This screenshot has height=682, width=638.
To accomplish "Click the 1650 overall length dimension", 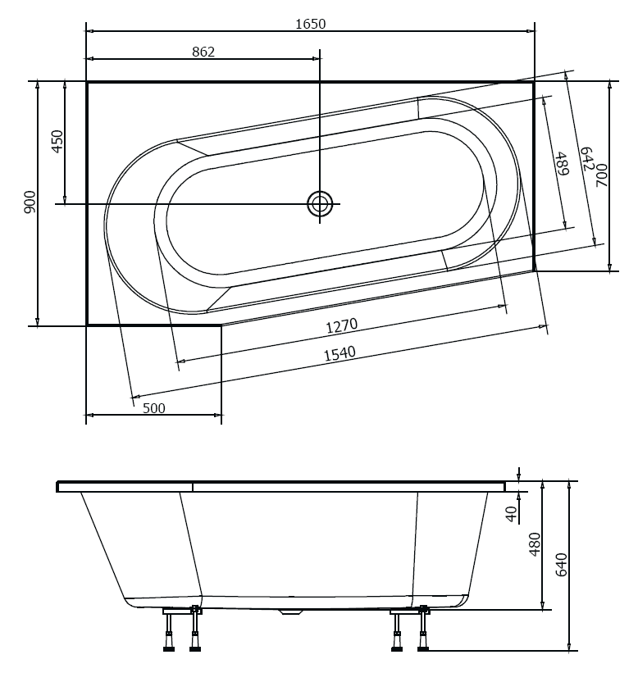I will (310, 24).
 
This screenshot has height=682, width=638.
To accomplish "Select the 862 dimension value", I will (203, 52).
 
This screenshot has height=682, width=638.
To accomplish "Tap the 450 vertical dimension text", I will (57, 142).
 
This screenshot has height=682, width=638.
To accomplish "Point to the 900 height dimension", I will (30, 202).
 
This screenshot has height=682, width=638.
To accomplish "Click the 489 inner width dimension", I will (562, 166).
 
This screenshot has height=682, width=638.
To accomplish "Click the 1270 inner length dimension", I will (341, 325).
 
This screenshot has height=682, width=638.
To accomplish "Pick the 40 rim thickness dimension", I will (512, 514).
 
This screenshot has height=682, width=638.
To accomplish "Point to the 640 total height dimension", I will (561, 566).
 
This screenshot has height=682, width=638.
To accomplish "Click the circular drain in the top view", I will (320, 203).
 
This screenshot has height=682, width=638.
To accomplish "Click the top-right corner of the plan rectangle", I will (534, 82).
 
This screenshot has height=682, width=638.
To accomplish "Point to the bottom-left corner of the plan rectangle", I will (87, 325).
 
